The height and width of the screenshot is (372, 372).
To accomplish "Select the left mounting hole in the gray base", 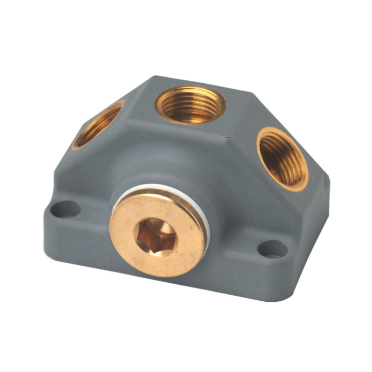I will pyautogui.click(x=65, y=209).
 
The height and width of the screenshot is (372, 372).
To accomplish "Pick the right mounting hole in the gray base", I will pyautogui.click(x=273, y=249).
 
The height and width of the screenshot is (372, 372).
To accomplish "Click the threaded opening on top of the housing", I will pyautogui.click(x=190, y=105).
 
